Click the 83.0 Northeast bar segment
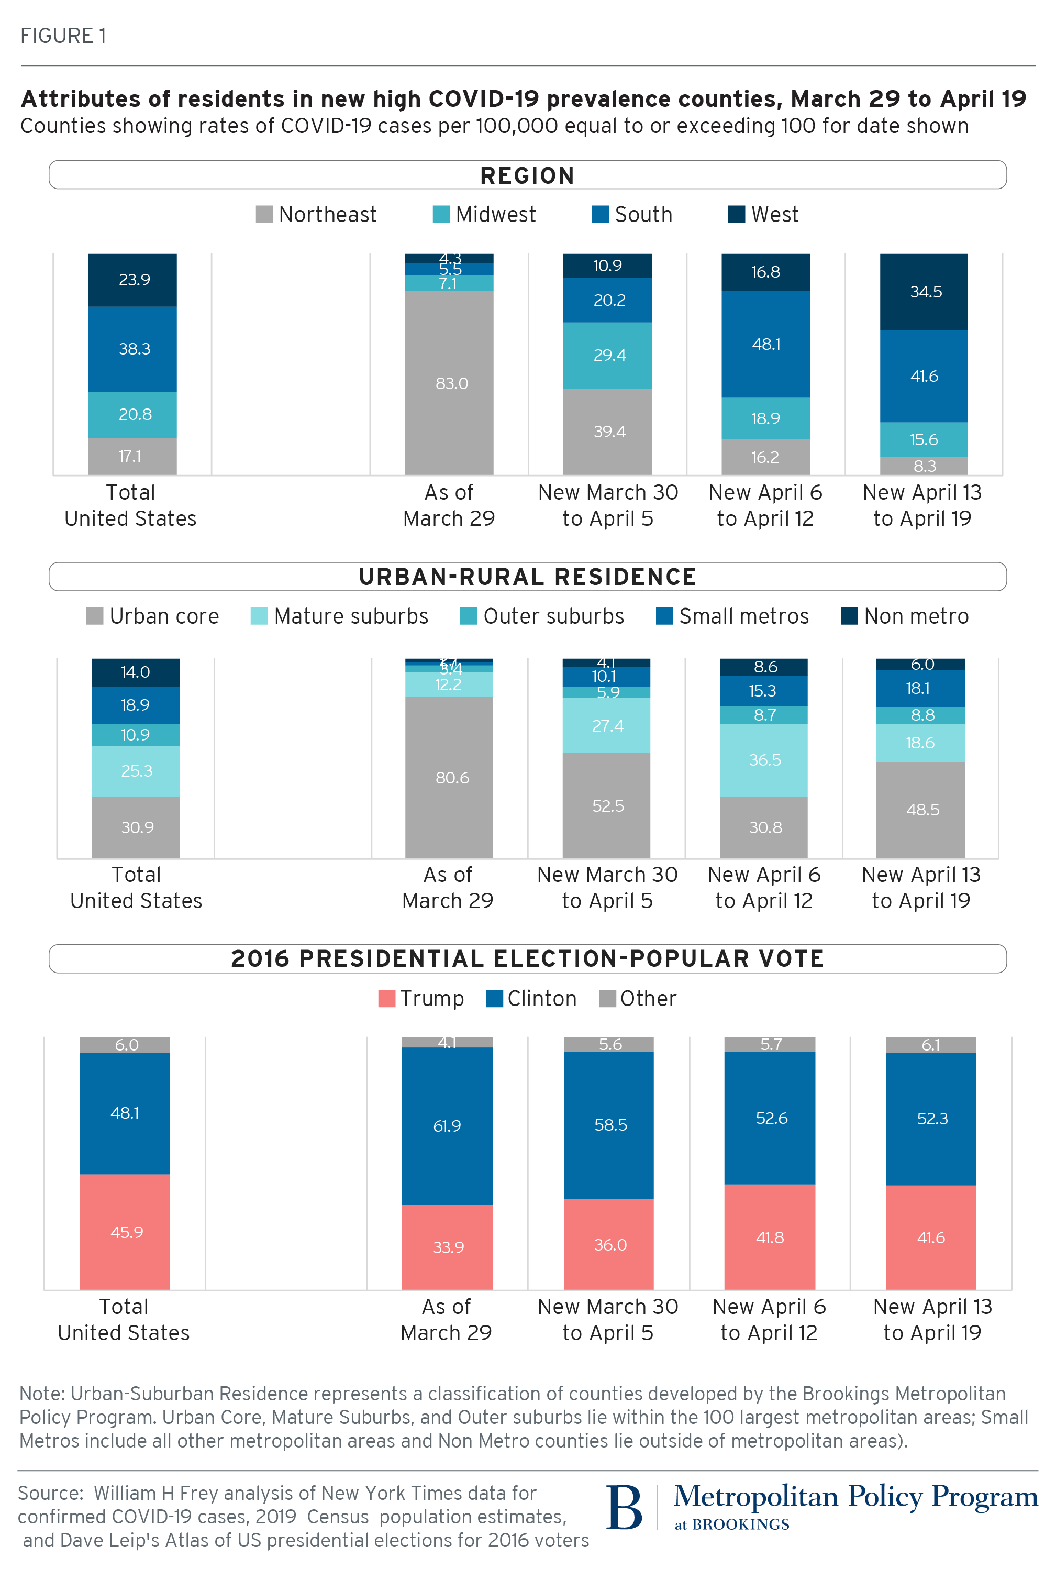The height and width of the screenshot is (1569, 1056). point(449,383)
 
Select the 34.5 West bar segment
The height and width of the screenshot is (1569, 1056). point(924,292)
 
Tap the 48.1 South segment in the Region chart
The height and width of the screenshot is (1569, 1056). point(766,344)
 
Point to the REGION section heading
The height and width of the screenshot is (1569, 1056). point(527,175)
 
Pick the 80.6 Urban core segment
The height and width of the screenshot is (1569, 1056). point(449,777)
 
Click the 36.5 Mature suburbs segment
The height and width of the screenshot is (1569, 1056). point(764,760)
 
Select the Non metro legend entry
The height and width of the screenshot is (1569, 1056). point(905,616)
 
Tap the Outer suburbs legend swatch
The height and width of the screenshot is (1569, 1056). point(469,616)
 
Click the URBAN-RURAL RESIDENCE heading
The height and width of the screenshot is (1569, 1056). point(527,577)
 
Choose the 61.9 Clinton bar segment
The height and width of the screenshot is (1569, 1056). point(447,1126)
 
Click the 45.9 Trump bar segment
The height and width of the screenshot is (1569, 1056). point(125,1232)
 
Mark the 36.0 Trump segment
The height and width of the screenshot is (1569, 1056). point(609,1244)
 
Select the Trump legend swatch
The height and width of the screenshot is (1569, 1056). point(386,998)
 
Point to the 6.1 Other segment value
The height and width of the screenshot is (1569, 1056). point(931,1045)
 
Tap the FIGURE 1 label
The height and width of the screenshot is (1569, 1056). point(63,36)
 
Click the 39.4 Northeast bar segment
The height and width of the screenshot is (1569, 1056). point(608,431)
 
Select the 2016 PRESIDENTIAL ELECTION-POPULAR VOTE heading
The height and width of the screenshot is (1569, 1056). point(527,959)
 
